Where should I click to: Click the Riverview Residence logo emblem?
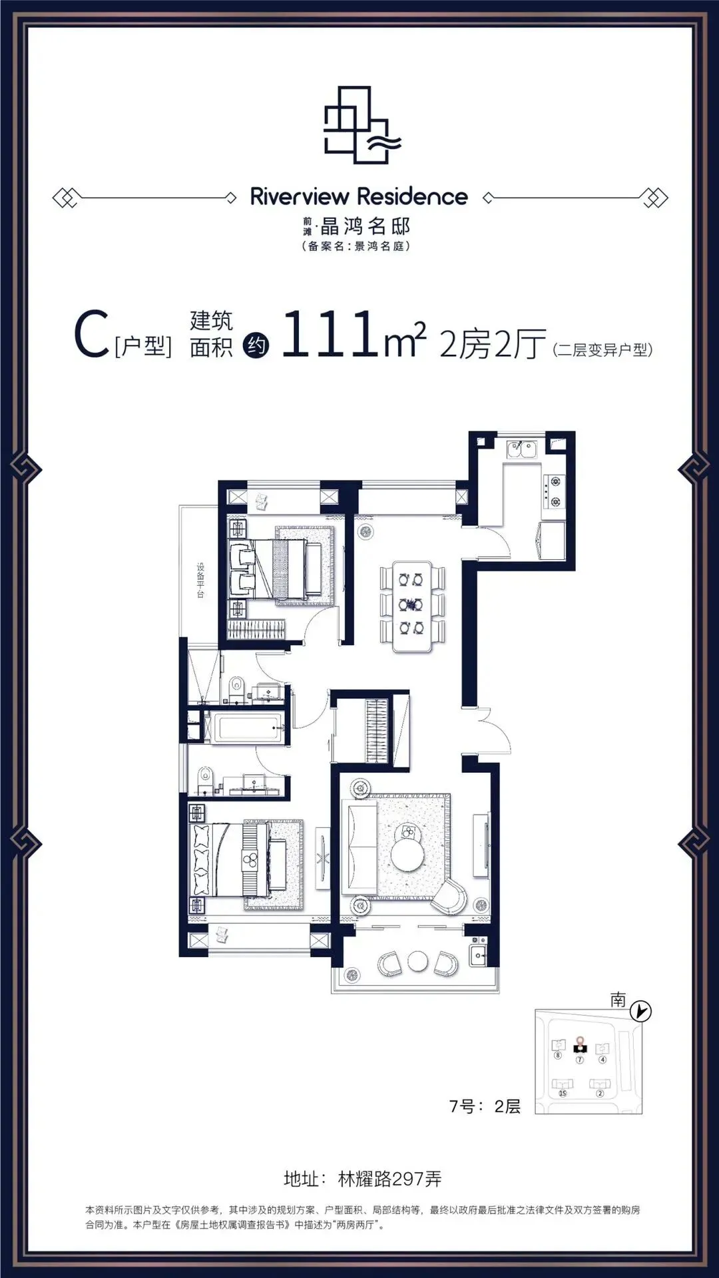tap(361, 124)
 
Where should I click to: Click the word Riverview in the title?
tap(300, 196)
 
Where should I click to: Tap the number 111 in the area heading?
tap(330, 334)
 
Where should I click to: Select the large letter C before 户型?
tap(91, 335)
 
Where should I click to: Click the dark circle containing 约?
tap(256, 345)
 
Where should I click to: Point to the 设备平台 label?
tap(200, 580)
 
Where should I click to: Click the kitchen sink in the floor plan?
tap(522, 450)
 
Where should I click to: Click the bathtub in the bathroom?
tap(246, 728)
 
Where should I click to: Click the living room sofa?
tap(359, 846)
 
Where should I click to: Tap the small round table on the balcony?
tap(417, 961)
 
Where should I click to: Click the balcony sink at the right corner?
tap(477, 955)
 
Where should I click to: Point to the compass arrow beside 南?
tap(641, 1012)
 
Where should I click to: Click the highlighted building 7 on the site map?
tap(579, 1048)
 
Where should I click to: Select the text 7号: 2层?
tap(485, 1106)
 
